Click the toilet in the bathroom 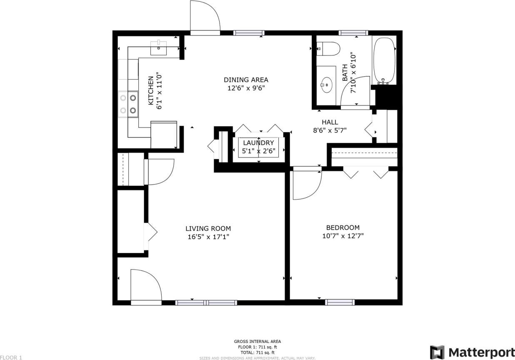coord(329,49)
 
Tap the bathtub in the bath coord(384,61)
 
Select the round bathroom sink coord(326,85)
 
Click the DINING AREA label coord(246,80)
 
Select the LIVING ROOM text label coord(208,228)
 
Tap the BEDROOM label coord(342,227)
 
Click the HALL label coord(330,122)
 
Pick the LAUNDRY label coord(258,143)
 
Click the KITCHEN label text coord(151,91)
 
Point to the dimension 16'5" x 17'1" coord(208,237)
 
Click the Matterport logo coord(472,352)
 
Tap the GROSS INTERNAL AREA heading coord(257,341)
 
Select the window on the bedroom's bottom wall coord(340,302)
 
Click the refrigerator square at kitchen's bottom coord(163,135)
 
